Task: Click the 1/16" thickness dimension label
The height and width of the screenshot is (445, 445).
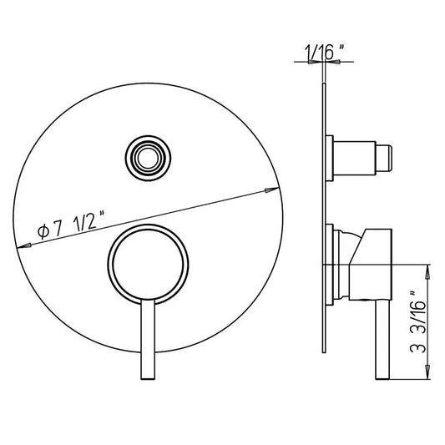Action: pyautogui.click(x=325, y=53)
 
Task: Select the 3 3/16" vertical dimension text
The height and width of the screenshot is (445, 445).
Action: pyautogui.click(x=418, y=322)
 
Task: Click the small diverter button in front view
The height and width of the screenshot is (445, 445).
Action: pyautogui.click(x=148, y=158)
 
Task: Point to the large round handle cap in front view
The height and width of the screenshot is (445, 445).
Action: pyautogui.click(x=148, y=264)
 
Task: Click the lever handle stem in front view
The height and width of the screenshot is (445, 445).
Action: pyautogui.click(x=148, y=339)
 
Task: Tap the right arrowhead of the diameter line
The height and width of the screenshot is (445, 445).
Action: pyautogui.click(x=271, y=190)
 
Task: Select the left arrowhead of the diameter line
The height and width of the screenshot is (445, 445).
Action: pyautogui.click(x=24, y=245)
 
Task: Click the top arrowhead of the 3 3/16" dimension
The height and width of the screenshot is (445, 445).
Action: pyautogui.click(x=428, y=272)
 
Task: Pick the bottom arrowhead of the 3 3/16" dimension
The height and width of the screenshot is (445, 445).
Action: pyautogui.click(x=428, y=372)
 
